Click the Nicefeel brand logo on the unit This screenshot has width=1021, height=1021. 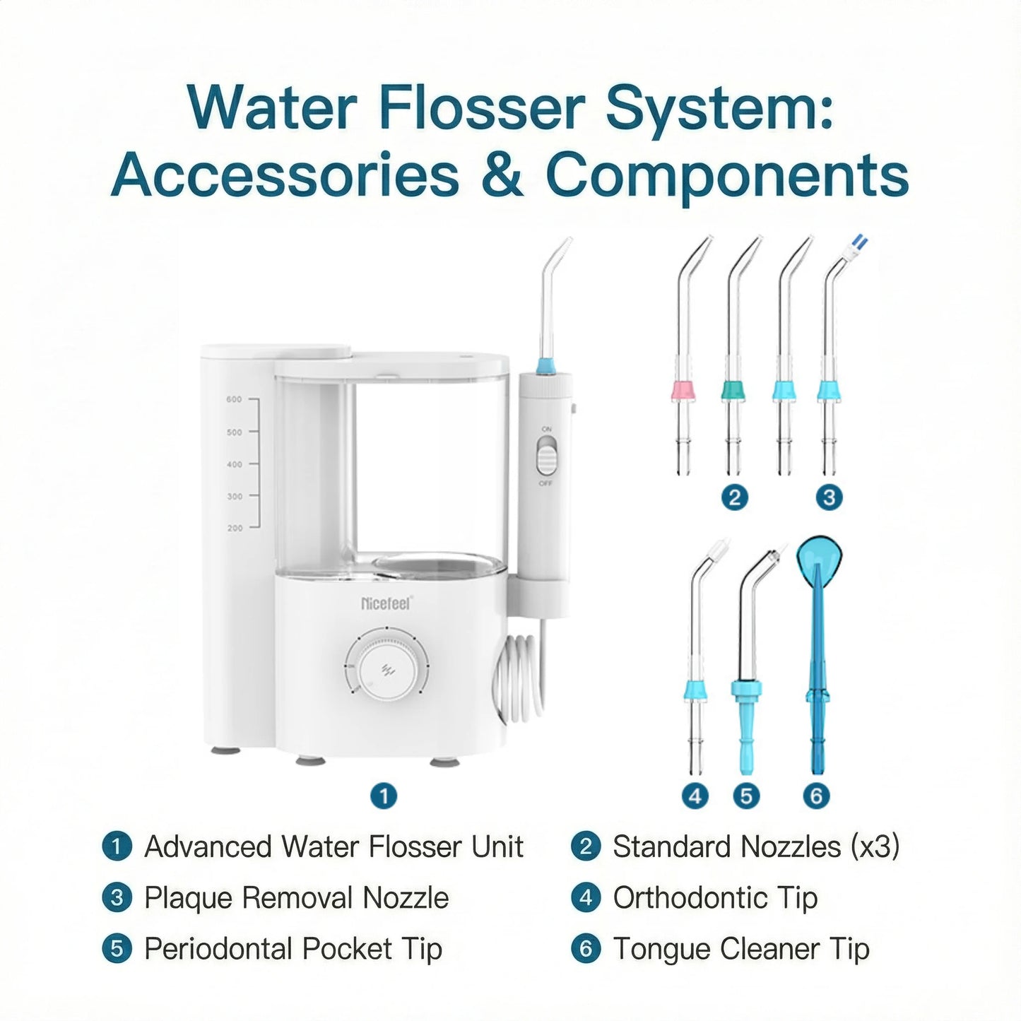click(x=385, y=603)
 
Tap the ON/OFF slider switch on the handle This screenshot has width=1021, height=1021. click(x=545, y=456)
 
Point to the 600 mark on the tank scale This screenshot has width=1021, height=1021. click(x=234, y=399)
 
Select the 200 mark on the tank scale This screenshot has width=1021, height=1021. click(x=235, y=528)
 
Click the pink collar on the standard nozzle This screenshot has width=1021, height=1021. click(x=683, y=390)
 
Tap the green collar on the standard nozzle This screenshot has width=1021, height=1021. click(x=734, y=390)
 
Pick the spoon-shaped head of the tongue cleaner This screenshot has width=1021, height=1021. click(x=819, y=554)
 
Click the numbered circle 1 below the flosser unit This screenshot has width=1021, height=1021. click(x=384, y=796)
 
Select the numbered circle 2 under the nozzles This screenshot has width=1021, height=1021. click(x=735, y=497)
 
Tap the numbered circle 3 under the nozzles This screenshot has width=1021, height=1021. click(x=829, y=497)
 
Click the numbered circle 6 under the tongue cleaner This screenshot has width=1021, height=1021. click(x=816, y=796)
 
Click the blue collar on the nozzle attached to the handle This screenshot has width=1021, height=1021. click(x=545, y=366)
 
